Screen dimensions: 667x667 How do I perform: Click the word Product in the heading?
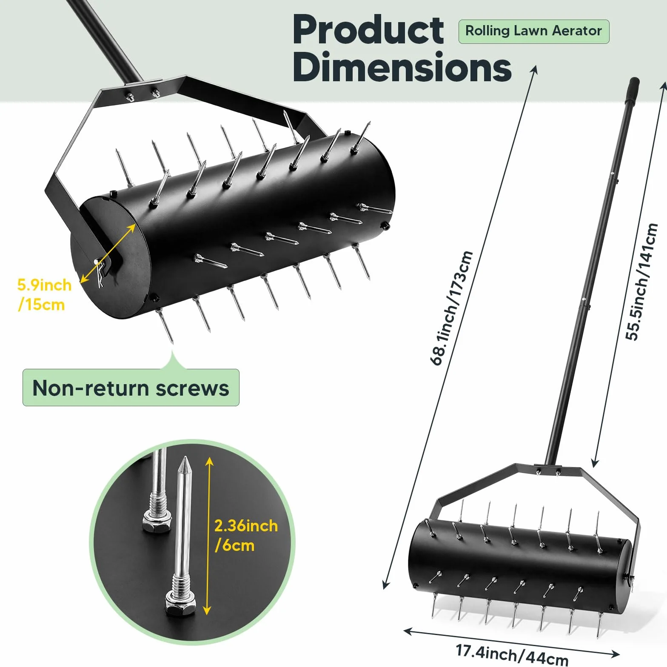click(368, 30)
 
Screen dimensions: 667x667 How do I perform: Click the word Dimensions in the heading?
click(402, 67)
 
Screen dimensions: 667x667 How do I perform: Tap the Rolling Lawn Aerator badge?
click(533, 31)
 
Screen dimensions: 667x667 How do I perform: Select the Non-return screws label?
click(131, 388)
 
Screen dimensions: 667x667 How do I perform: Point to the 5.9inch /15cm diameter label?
click(44, 294)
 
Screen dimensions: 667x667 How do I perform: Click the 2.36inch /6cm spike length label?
click(246, 535)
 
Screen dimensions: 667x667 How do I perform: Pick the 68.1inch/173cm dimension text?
click(452, 308)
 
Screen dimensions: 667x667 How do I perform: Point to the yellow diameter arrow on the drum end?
click(108, 254)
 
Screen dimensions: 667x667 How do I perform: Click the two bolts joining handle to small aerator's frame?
click(548, 471)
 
